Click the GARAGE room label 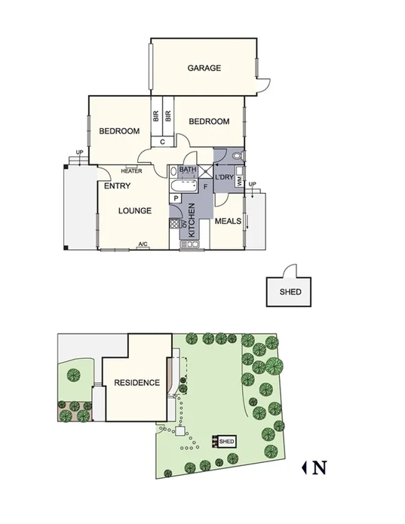[204, 68]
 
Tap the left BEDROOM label [119, 131]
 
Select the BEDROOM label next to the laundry [209, 121]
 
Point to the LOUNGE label [136, 210]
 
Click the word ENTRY [117, 186]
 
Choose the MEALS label [228, 221]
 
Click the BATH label [187, 170]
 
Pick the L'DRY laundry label [225, 177]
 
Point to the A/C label [142, 244]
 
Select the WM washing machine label [239, 182]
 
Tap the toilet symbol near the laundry [237, 156]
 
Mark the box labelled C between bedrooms [162, 140]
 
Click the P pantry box [176, 198]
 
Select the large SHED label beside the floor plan [290, 293]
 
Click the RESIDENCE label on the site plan [137, 383]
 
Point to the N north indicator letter [319, 467]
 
